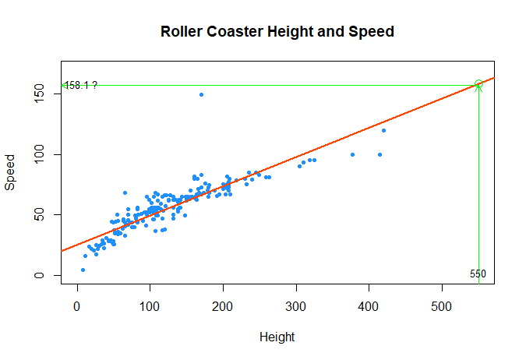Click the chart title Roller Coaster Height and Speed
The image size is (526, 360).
tap(277, 32)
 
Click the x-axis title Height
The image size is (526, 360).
tap(277, 337)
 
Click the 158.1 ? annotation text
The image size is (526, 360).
tap(81, 85)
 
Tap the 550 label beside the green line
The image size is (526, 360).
tap(478, 274)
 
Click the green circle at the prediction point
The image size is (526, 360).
tap(478, 84)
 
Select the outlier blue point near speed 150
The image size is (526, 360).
tap(201, 94)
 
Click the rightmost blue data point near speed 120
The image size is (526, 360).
tap(383, 130)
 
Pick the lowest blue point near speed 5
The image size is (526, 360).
tap(83, 270)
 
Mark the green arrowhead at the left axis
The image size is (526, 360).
tap(62, 85)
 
